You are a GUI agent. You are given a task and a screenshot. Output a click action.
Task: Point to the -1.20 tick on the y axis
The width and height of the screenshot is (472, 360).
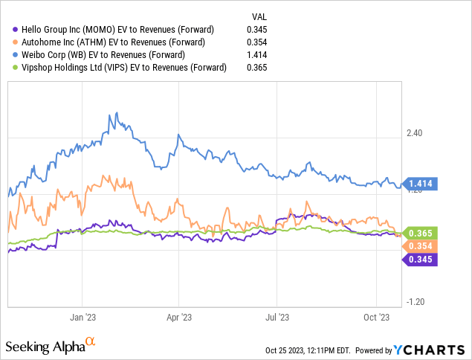point(415,302)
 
